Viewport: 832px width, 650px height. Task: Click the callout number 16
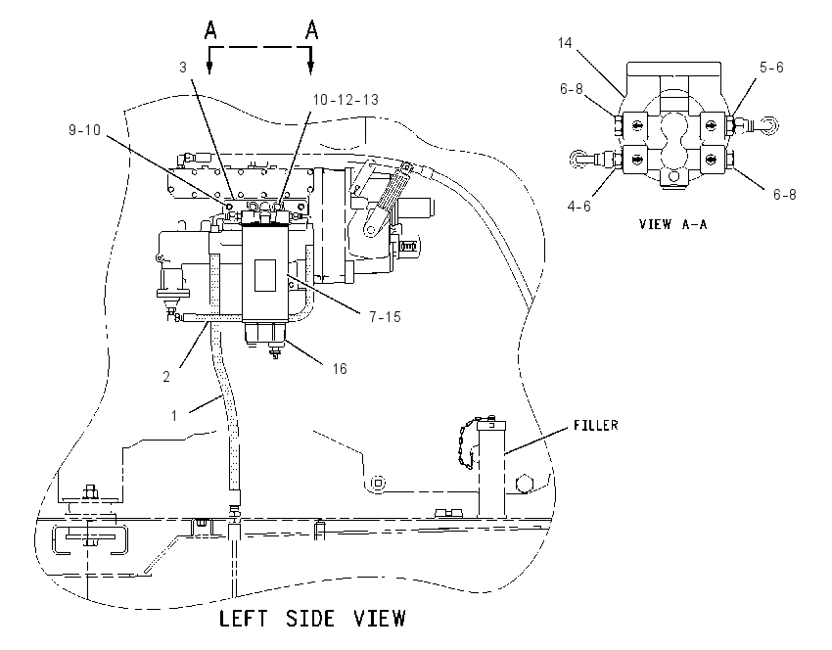point(340,368)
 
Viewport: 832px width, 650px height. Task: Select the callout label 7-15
point(386,317)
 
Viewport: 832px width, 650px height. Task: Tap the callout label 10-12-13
point(346,100)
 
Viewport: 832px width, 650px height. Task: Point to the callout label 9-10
point(84,129)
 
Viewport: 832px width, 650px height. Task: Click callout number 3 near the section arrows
point(183,68)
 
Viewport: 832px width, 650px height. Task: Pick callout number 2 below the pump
point(166,377)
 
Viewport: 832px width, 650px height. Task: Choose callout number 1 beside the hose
point(174,415)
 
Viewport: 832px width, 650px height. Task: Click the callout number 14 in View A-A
point(565,42)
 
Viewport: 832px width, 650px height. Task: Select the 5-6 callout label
point(771,67)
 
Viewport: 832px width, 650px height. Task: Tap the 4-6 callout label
point(578,206)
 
